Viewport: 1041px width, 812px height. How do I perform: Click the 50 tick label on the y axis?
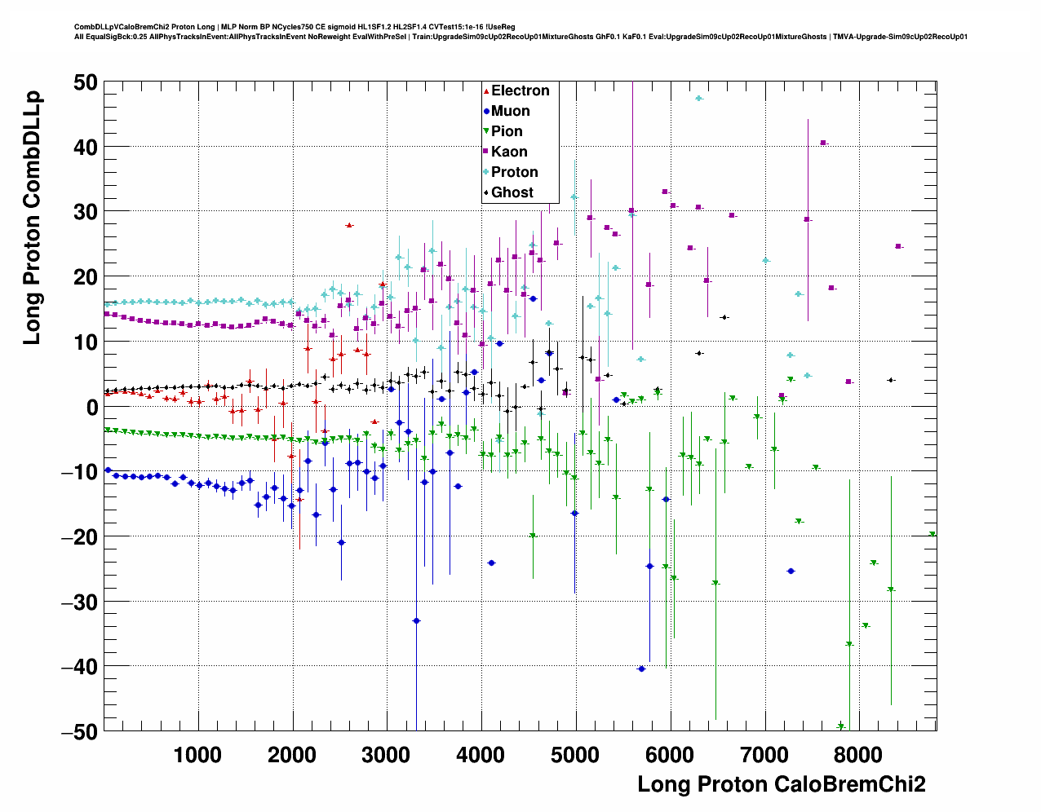tap(83, 82)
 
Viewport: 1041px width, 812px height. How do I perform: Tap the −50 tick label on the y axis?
tap(78, 731)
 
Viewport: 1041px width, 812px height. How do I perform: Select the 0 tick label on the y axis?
tap(91, 407)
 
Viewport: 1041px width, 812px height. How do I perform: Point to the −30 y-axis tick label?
tap(78, 602)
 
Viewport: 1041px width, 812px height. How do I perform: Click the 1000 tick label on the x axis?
tap(197, 755)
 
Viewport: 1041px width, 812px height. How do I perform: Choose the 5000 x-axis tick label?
tap(575, 755)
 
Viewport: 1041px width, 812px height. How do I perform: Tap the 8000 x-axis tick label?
tap(858, 755)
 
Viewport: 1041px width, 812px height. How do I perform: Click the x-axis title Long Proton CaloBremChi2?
tap(781, 784)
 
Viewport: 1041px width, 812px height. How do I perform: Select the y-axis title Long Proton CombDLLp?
tap(32, 218)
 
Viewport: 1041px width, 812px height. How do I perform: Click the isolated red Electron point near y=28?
tap(349, 225)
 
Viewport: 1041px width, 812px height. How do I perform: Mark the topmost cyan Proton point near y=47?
tap(699, 99)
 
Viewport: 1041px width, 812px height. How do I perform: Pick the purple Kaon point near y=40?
tap(823, 143)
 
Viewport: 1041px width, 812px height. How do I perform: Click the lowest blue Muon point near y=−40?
tap(641, 669)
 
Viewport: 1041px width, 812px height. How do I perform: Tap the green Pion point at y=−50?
tap(841, 726)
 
